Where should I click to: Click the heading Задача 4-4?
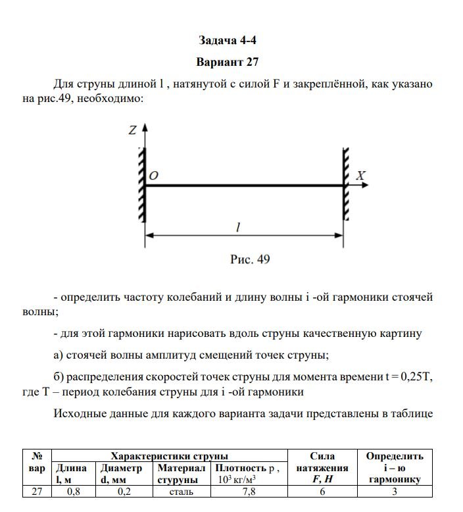point(228,41)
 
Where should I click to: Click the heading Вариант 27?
point(228,63)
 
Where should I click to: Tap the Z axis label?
point(132,130)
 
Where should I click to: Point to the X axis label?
point(360,176)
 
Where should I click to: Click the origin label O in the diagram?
point(153,176)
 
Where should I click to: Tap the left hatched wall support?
point(141,186)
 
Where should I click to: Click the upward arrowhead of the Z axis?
point(145,126)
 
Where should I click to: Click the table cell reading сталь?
point(181,492)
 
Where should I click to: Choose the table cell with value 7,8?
point(249,492)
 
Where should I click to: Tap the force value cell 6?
point(322,492)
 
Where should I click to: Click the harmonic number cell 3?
point(395,492)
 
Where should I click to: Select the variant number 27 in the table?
point(37,492)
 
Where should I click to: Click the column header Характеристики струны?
point(170,455)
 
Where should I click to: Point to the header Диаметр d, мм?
point(121,474)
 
